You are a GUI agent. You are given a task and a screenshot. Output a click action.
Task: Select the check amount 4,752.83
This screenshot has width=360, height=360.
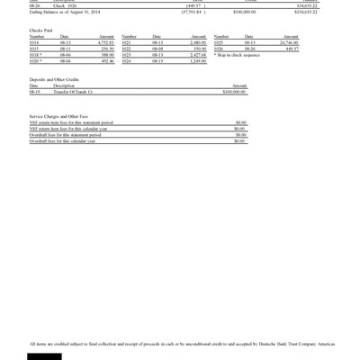pos(105,42)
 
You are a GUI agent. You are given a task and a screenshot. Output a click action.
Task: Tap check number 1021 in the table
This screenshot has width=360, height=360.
pos(126,42)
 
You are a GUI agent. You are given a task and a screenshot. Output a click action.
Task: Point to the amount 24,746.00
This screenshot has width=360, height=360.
pos(288,42)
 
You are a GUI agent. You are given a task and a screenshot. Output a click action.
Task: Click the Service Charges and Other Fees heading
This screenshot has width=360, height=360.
pos(58,116)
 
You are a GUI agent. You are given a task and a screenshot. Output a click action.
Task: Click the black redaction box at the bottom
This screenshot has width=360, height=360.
pos(44,356)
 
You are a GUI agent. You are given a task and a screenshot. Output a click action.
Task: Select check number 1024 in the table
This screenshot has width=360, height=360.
pos(126,60)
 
